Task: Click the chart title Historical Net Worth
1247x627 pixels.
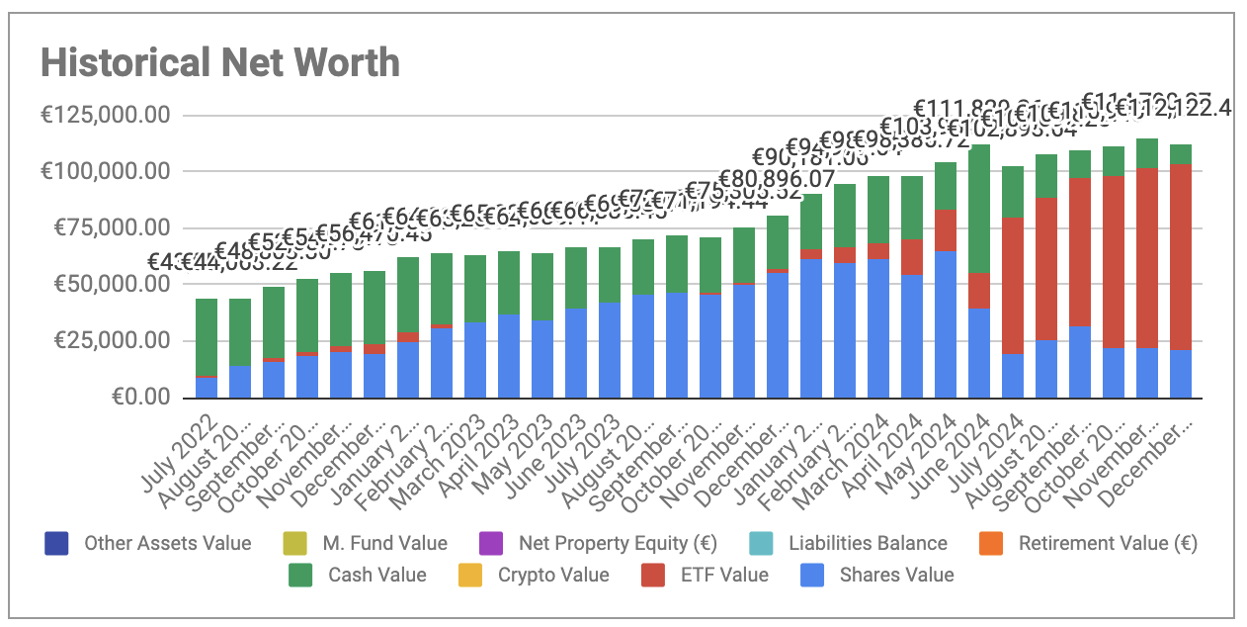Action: tap(220, 63)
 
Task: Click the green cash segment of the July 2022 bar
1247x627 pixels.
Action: tap(207, 336)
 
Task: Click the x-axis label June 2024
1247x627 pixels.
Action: tap(955, 440)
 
